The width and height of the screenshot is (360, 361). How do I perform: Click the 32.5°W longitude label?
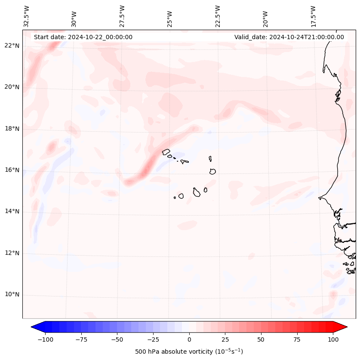[x=27, y=16]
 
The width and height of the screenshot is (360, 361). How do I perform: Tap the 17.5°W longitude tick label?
[x=313, y=16]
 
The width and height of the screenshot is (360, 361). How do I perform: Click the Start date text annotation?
[x=83, y=37]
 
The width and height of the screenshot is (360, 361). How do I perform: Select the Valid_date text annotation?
[x=289, y=37]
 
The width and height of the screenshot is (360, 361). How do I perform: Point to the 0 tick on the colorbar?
[x=189, y=339]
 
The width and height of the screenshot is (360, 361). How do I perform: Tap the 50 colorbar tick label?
[x=261, y=339]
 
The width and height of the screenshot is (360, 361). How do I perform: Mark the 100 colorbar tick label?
[x=333, y=339]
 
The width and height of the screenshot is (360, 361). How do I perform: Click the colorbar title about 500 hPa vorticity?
[x=189, y=352]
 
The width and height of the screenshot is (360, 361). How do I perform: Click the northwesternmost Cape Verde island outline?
[x=166, y=152]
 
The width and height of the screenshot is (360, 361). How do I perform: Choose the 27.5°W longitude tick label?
[x=122, y=16]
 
